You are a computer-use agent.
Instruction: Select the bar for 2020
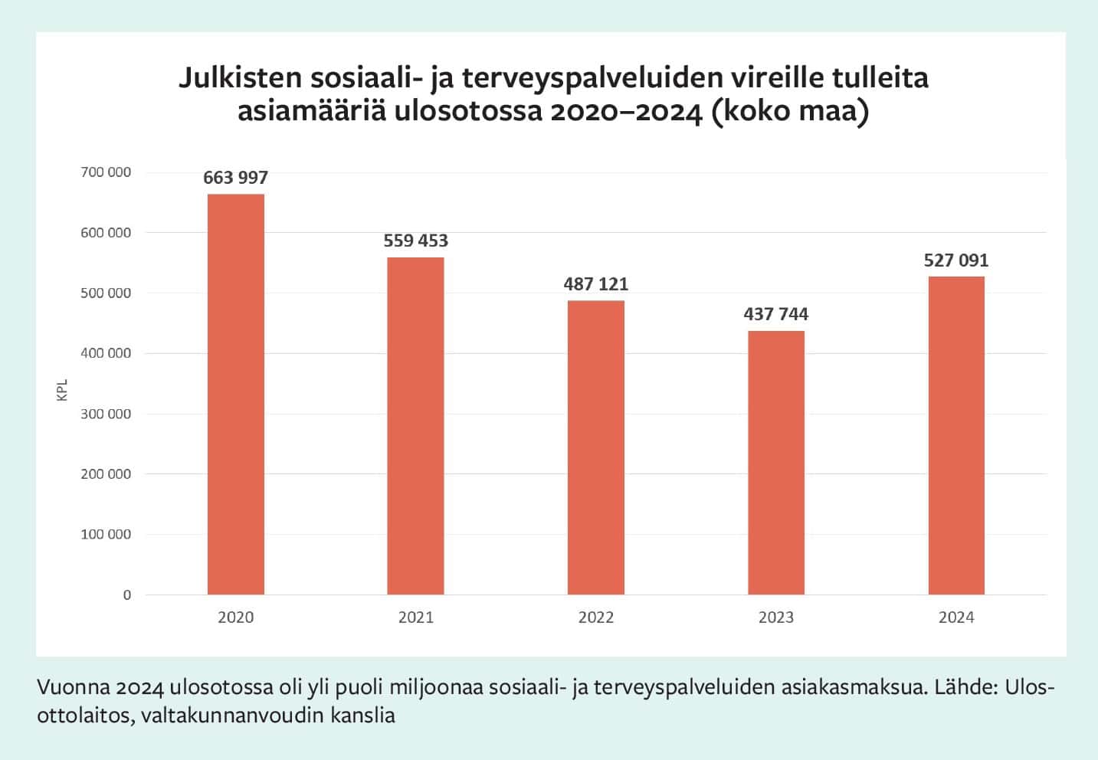click(236, 394)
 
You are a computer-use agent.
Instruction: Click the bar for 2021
click(415, 426)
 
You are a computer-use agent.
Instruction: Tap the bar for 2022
click(595, 447)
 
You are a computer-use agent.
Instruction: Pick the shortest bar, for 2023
click(776, 463)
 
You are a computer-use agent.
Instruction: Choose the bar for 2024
click(956, 435)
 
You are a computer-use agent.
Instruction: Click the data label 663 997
click(236, 178)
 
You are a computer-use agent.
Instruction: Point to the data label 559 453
click(415, 241)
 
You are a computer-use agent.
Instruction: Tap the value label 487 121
click(595, 284)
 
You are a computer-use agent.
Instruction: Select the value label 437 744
click(776, 314)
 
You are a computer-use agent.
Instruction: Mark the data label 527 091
click(956, 260)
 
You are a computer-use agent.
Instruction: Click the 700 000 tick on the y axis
click(106, 172)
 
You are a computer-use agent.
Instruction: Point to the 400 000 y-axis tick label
click(106, 353)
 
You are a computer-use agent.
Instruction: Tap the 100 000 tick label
click(106, 535)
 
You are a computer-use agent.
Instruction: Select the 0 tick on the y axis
click(127, 595)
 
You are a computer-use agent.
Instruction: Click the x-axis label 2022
click(595, 617)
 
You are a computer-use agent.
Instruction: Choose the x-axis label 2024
click(956, 617)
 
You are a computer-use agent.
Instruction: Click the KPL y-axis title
click(63, 389)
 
